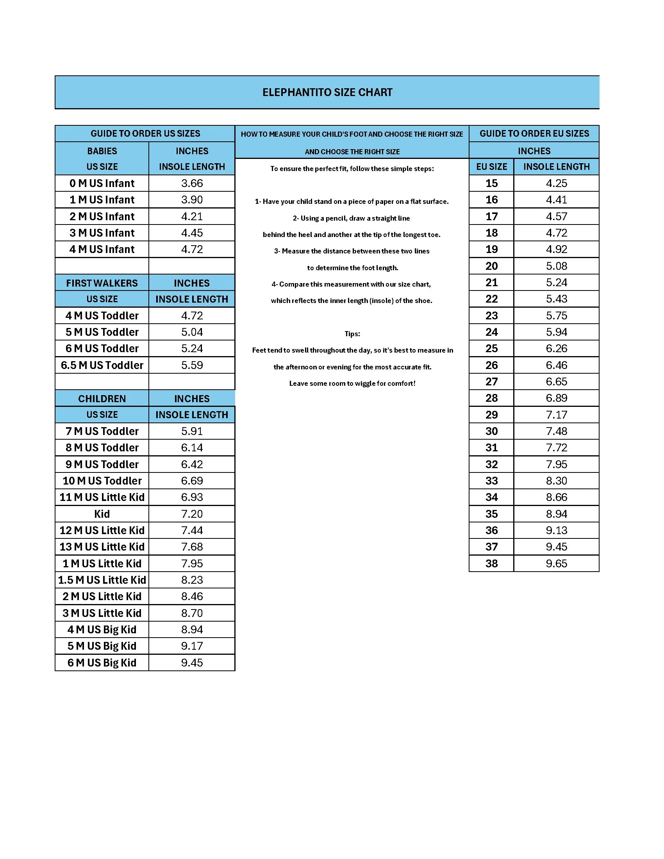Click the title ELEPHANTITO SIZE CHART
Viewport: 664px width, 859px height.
point(327,93)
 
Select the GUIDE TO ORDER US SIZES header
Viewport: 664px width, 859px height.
point(145,133)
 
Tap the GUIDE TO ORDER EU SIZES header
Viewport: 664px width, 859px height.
point(534,133)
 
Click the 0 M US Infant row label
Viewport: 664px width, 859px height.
point(102,183)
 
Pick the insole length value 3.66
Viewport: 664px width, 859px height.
point(192,183)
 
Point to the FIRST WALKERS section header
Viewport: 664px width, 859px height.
point(102,283)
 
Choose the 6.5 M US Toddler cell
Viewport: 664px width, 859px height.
point(102,365)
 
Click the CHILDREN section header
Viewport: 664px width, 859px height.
point(102,399)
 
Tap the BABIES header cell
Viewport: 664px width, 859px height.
point(102,151)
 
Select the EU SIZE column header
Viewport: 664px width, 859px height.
point(491,167)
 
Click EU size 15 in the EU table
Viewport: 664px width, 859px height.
point(491,183)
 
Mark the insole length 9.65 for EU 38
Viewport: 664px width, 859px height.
point(556,563)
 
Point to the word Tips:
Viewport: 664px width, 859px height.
point(352,334)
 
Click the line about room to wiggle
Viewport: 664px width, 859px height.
point(352,383)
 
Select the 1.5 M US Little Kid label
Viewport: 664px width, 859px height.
point(102,580)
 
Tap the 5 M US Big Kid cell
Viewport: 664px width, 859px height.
point(102,646)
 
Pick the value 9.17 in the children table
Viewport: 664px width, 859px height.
point(192,646)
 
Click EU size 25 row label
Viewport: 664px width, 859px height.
point(491,348)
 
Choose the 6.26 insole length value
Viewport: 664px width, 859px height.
point(556,348)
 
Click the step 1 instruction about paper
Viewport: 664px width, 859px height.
point(352,201)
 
